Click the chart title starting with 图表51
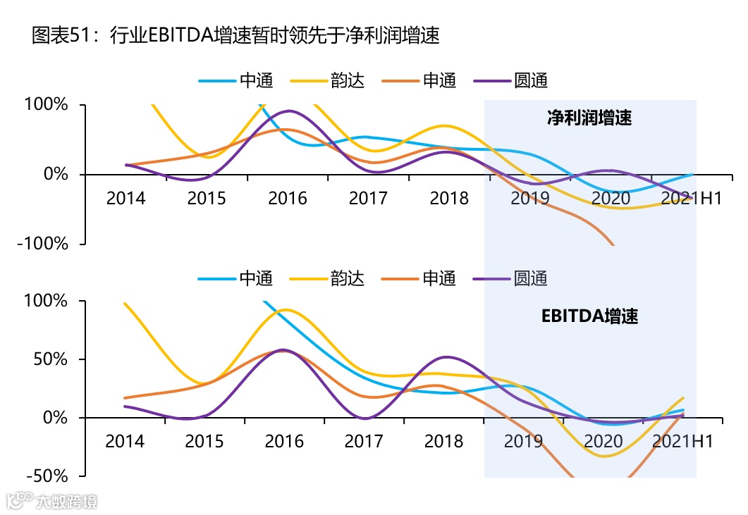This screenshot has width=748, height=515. coord(235,36)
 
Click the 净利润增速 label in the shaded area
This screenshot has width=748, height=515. coord(589,118)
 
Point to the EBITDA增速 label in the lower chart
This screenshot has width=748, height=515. coord(589,316)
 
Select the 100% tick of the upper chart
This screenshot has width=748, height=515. coord(48,106)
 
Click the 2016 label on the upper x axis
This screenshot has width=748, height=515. coord(288,198)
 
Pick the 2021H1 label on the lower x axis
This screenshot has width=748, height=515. coord(682,441)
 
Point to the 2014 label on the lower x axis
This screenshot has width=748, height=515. coord(125,441)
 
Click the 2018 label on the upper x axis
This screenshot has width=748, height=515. coord(449,198)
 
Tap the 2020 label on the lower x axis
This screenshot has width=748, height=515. coord(603,441)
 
